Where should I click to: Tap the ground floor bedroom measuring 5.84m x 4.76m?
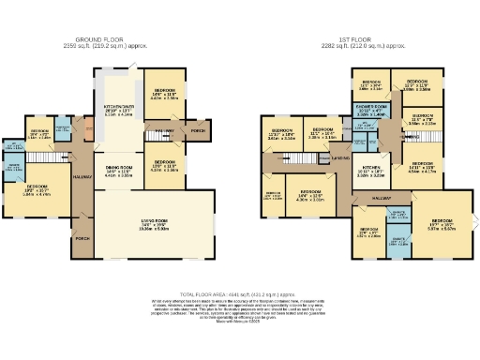[x=42, y=190]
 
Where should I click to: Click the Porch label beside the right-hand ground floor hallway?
[x=199, y=130]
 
